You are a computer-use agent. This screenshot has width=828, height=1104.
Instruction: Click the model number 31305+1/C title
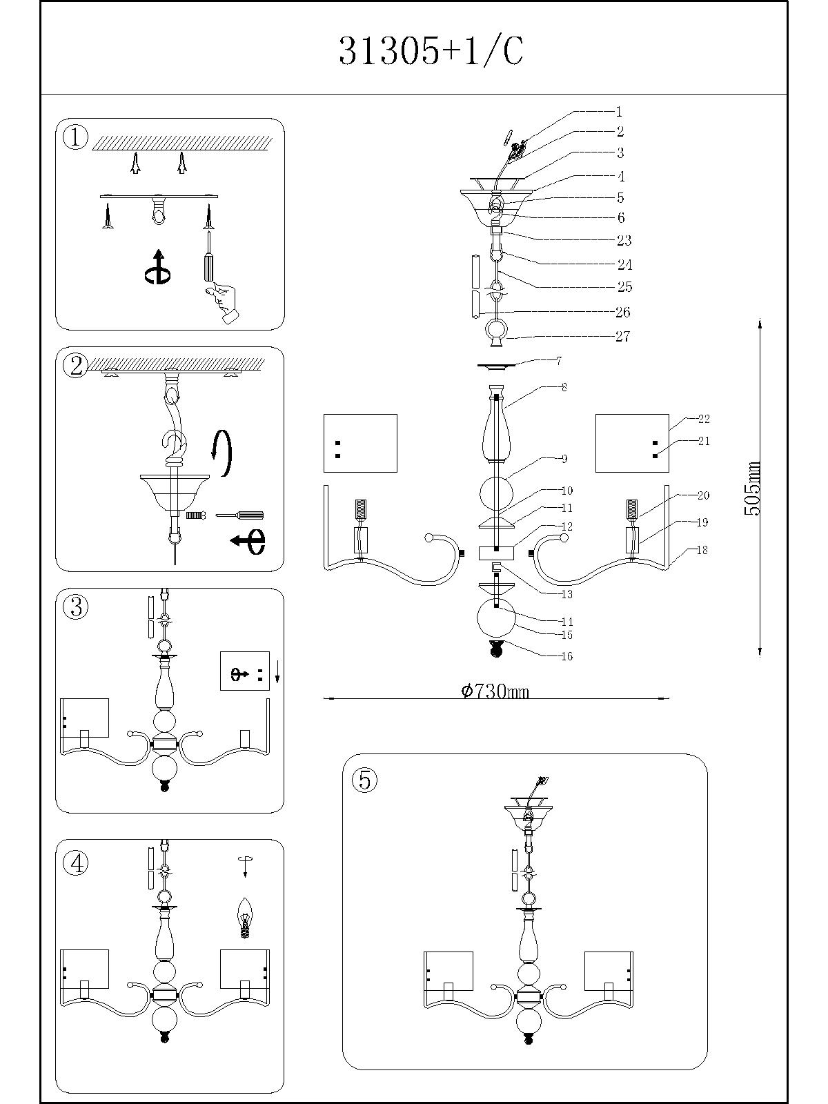coord(431,52)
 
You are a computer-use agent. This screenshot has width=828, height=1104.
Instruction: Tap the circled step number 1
coord(75,137)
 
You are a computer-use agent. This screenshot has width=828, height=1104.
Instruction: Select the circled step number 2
coord(75,365)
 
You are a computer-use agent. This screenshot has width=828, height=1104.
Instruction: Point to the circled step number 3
coord(75,607)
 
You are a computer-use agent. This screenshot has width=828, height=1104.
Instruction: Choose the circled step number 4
coord(75,862)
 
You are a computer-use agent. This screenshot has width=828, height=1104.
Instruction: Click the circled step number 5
coord(364,780)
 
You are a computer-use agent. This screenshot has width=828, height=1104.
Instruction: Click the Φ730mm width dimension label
coord(495,691)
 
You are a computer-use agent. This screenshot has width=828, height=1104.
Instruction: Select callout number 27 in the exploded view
coord(623,337)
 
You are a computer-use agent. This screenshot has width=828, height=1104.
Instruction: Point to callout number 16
coord(566,656)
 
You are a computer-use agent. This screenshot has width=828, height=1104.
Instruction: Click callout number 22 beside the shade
coord(703,419)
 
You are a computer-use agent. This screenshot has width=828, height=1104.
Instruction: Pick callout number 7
coord(558,361)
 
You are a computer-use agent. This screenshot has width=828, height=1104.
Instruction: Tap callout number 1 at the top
coord(619,111)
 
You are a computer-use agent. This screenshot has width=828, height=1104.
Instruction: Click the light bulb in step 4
coord(244,916)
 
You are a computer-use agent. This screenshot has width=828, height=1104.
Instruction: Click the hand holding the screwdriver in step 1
coord(223,302)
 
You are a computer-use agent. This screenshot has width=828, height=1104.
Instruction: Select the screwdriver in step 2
coord(239,515)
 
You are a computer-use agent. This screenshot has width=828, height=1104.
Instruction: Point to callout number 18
coord(702,550)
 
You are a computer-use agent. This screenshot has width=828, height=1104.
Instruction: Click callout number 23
coord(624,240)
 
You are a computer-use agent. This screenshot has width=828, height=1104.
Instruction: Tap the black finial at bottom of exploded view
coord(495,648)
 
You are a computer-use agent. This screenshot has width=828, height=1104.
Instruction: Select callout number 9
coord(564,459)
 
